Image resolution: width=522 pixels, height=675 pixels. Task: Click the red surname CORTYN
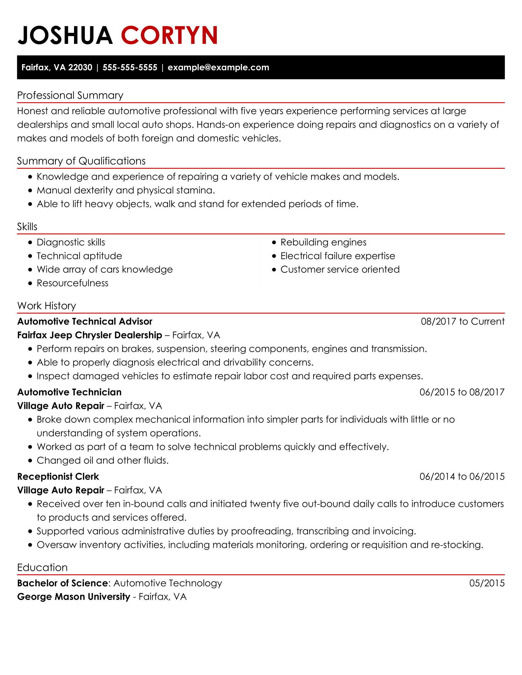click(169, 35)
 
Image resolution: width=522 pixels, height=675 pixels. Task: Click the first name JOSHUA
click(65, 35)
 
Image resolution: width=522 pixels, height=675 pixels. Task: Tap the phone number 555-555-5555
click(130, 67)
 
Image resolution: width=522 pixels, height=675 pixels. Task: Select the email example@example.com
click(218, 67)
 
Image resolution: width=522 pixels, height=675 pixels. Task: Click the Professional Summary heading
click(70, 95)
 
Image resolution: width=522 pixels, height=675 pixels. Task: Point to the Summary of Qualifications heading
click(81, 161)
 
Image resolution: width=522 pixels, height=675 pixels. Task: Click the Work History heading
click(47, 306)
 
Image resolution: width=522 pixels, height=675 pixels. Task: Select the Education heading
click(42, 567)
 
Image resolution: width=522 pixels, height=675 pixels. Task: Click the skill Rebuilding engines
click(323, 242)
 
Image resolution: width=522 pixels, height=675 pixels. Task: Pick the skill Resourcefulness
click(72, 283)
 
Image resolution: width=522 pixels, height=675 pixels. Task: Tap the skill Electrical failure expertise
click(338, 256)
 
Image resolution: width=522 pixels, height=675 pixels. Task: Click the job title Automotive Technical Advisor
click(85, 322)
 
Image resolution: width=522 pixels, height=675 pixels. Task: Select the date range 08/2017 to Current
click(462, 322)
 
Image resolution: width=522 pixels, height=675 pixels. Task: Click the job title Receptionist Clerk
click(58, 476)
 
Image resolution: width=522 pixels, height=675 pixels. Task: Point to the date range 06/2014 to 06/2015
click(462, 476)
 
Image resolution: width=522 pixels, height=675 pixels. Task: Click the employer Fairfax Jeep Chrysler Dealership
click(90, 335)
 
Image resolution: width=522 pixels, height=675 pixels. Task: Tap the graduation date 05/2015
click(487, 583)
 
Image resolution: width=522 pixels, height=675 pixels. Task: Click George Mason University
click(74, 597)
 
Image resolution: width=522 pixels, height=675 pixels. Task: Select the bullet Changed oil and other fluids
click(102, 461)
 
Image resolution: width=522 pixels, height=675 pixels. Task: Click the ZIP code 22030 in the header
click(80, 67)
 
